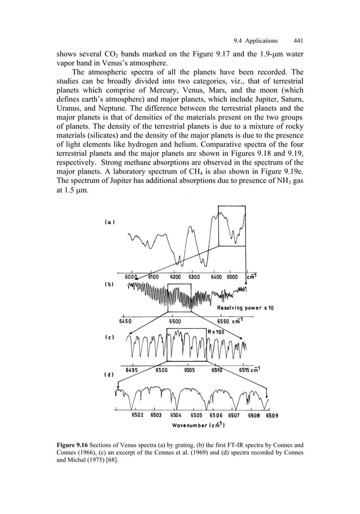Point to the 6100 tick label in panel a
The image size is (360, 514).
pyautogui.click(x=153, y=277)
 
